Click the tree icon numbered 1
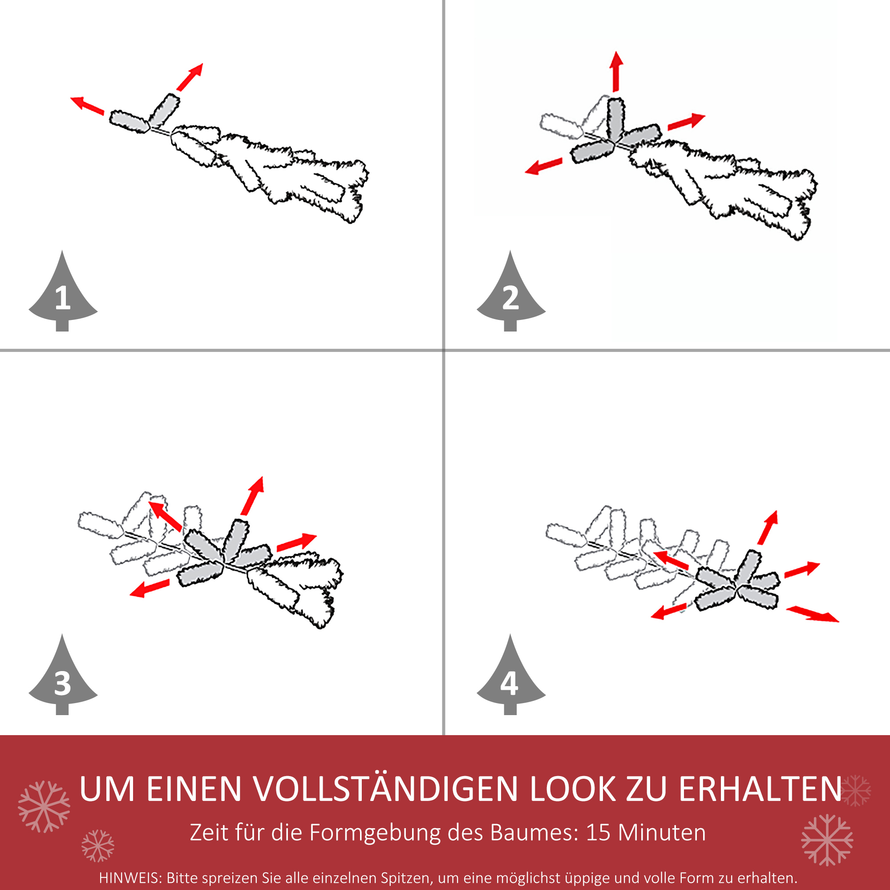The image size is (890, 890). [x=63, y=295]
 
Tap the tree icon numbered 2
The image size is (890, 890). [x=511, y=295]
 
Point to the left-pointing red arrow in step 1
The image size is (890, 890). [x=87, y=105]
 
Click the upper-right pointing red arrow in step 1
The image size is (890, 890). [x=190, y=77]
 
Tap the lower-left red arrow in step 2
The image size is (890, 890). [x=544, y=166]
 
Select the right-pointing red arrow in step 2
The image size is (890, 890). [x=686, y=121]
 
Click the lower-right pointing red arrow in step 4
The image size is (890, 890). [x=813, y=614]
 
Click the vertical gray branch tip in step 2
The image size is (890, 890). [x=615, y=119]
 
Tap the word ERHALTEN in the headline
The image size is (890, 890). [x=760, y=789]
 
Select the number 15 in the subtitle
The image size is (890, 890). [x=598, y=833]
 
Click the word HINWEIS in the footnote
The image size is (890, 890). [x=129, y=878]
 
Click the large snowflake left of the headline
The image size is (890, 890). [x=44, y=806]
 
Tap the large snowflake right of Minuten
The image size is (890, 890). [x=827, y=839]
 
